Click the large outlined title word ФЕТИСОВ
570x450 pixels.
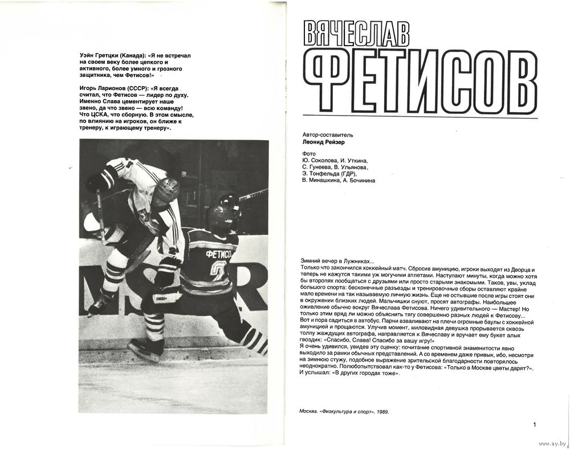coord(420,83)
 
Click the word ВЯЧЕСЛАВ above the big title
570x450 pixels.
coord(356,34)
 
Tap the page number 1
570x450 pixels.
coord(535,424)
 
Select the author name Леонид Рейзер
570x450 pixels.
coord(324,142)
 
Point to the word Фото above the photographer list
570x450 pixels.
coord(308,153)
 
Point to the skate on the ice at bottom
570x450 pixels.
coord(145,349)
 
